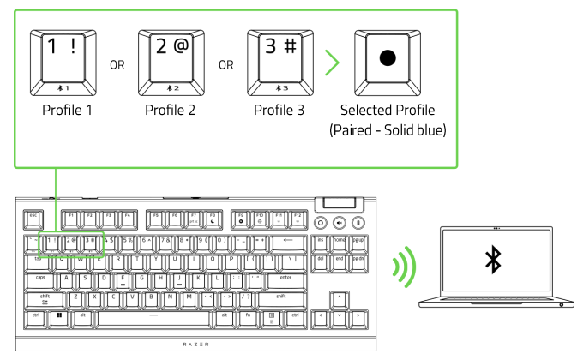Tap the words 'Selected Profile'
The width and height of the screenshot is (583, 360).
[388, 111]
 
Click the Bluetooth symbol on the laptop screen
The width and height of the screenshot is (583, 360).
[493, 261]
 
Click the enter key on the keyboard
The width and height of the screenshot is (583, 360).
[285, 278]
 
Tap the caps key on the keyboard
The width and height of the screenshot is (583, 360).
[40, 278]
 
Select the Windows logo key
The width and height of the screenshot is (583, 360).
[60, 315]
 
